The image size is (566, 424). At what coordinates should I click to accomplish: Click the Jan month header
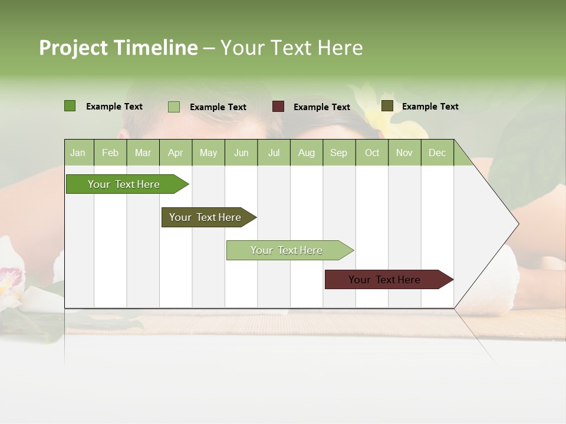pyautogui.click(x=78, y=153)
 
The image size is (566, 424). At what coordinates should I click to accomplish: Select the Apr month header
pyautogui.click(x=175, y=153)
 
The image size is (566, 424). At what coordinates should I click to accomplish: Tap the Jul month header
pyautogui.click(x=274, y=153)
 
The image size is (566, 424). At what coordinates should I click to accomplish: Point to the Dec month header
pyautogui.click(x=437, y=153)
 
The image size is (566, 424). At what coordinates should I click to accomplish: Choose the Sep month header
pyautogui.click(x=338, y=153)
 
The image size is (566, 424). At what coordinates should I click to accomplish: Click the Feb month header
pyautogui.click(x=110, y=153)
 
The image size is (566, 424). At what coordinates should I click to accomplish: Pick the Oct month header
pyautogui.click(x=372, y=153)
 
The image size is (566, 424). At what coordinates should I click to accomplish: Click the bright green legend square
pyautogui.click(x=70, y=106)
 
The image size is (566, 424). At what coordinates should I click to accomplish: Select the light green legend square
pyautogui.click(x=174, y=107)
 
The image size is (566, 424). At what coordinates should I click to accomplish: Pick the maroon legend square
pyautogui.click(x=278, y=107)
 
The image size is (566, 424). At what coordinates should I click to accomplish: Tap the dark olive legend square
pyautogui.click(x=387, y=106)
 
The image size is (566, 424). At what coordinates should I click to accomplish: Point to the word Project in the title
pyautogui.click(x=73, y=48)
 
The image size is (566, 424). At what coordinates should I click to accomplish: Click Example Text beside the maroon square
pyautogui.click(x=322, y=107)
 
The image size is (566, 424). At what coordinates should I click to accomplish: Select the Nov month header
pyautogui.click(x=404, y=153)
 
